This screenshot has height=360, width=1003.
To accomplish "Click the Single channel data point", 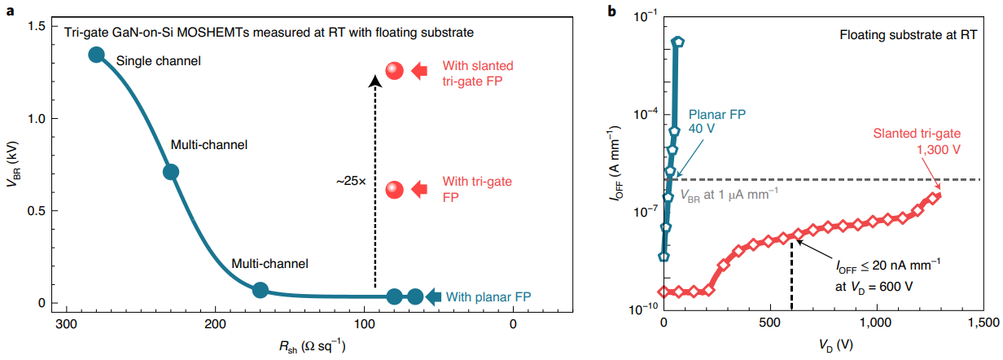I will (96, 55).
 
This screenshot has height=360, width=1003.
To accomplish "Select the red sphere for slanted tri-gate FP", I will (395, 71).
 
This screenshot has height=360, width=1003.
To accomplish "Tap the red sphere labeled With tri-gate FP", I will (395, 190).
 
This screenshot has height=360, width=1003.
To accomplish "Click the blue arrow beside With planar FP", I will (434, 296).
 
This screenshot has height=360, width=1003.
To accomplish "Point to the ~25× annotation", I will (352, 182).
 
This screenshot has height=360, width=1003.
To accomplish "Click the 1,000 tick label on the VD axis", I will (877, 324).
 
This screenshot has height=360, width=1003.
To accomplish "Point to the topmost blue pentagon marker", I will (677, 42).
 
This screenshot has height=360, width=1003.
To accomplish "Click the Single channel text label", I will (158, 60).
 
